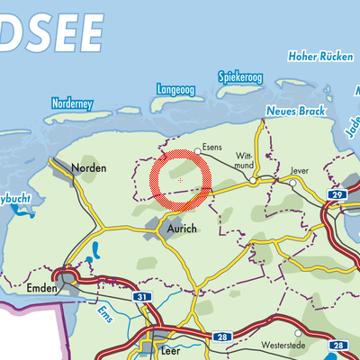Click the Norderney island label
pos(73,104)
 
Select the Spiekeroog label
pos(239,77)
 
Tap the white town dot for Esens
pos(198,150)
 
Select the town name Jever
pos(300,168)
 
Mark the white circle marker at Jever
pos(293,182)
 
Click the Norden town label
pos(91,168)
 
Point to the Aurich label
pos(181,229)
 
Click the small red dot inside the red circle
pos(181,180)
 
